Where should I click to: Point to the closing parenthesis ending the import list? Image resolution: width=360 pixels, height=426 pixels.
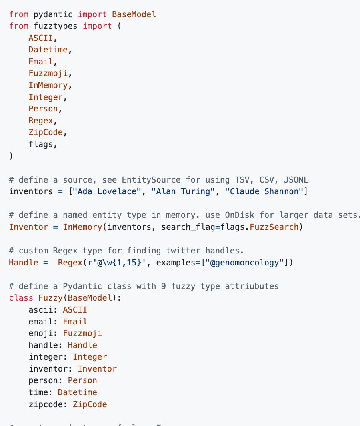click(11, 156)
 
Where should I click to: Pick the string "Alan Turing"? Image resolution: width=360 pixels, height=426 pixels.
click(183, 191)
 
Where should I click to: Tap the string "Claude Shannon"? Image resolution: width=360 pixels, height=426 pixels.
click(264, 191)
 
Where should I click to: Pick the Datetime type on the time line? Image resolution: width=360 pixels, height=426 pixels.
click(77, 392)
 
